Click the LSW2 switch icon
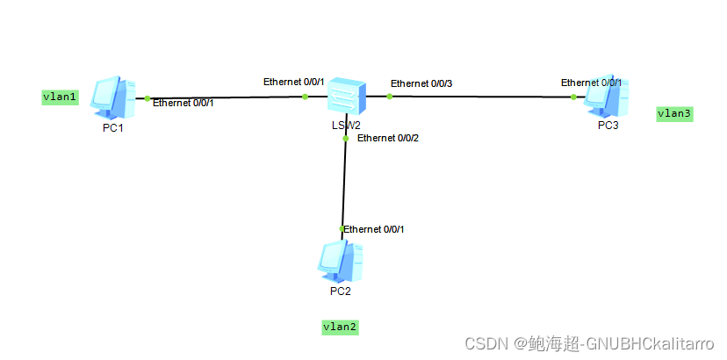346,94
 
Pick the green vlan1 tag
61,97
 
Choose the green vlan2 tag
341,327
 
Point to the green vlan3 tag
674,113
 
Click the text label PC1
112,129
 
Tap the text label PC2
341,291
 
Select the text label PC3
608,125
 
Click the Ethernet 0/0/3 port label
421,83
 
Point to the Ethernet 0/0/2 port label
388,138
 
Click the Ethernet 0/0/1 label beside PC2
375,229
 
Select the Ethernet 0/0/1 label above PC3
592,83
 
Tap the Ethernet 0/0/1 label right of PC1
184,103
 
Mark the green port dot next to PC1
148,98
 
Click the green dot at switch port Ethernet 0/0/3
390,96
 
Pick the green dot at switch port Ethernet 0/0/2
346,138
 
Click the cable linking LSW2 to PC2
344,184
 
